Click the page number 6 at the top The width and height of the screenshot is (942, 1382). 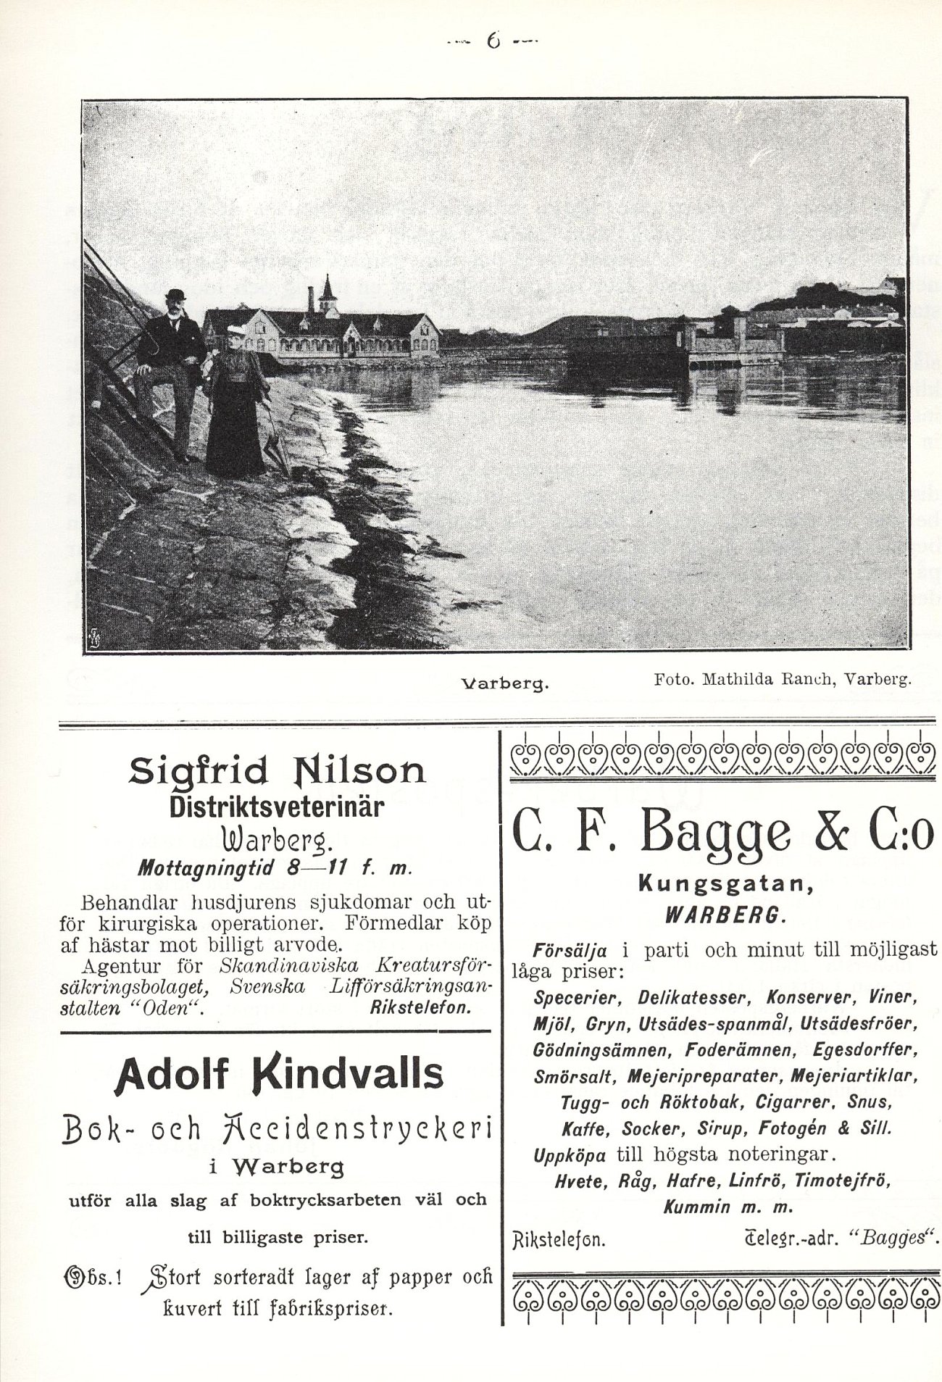click(493, 42)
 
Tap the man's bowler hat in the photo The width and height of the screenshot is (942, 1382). click(175, 296)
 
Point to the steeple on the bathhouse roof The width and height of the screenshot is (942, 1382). click(328, 290)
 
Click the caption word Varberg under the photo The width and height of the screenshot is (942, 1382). click(506, 683)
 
